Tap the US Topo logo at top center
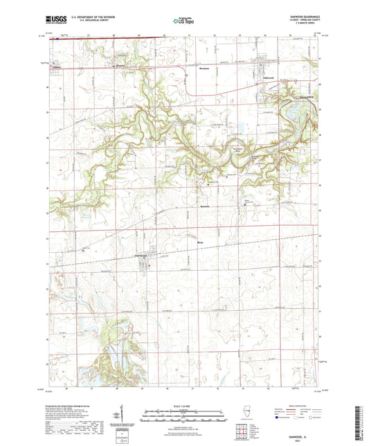pyautogui.click(x=183, y=21)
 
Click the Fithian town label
pyautogui.click(x=57, y=67)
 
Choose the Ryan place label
pyautogui.click(x=201, y=242)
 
